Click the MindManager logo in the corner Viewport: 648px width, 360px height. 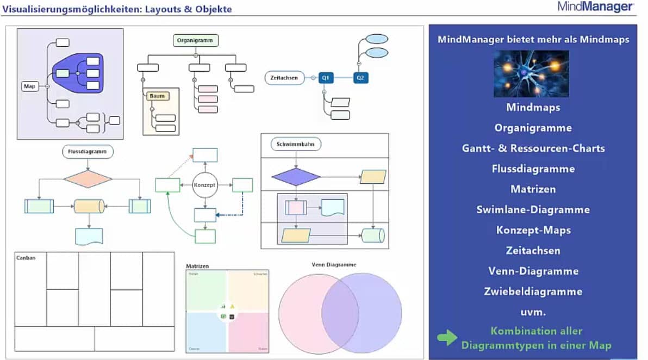(595, 7)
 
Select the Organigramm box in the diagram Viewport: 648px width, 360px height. (196, 40)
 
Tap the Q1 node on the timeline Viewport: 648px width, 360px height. (326, 78)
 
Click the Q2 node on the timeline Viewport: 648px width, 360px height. (360, 78)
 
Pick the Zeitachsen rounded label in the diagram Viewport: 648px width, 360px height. (284, 78)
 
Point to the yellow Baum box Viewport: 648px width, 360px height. (158, 96)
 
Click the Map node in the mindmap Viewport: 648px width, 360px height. (30, 86)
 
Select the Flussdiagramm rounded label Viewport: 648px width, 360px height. (88, 151)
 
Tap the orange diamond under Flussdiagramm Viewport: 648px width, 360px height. (88, 179)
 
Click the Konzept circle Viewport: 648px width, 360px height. (205, 185)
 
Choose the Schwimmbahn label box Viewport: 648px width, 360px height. (296, 144)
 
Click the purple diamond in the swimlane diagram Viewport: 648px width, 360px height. (296, 177)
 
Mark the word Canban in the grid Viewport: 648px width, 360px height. (26, 258)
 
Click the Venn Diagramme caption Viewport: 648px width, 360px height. (334, 265)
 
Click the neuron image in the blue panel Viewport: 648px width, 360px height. (531, 74)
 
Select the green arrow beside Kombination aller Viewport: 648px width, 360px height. (447, 338)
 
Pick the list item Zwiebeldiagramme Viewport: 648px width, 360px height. (533, 291)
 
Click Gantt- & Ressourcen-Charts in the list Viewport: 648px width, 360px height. (533, 148)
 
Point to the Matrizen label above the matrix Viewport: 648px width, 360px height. (197, 266)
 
